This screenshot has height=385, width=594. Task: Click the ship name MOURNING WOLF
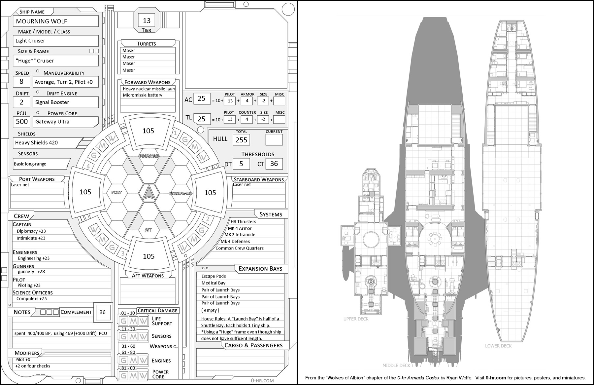42,21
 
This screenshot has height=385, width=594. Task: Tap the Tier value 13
147,21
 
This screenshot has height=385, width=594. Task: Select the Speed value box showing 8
21,82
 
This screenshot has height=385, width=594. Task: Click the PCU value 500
22,121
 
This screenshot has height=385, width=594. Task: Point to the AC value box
202,98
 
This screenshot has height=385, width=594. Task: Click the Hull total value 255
241,140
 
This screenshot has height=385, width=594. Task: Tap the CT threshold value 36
274,164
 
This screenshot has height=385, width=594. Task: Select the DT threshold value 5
241,164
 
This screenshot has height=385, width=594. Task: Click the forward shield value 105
148,131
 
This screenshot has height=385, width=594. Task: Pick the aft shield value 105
148,256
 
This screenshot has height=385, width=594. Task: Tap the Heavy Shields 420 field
37,143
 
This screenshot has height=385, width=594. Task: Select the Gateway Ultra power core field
52,122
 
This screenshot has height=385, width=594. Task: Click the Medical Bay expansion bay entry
214,283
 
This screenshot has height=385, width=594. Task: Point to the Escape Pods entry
214,276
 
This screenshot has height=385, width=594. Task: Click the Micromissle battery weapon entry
143,95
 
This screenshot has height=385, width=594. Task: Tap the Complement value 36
103,312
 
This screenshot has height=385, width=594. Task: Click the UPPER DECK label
356,319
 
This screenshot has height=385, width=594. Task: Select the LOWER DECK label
498,346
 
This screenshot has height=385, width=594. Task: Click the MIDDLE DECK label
396,366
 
